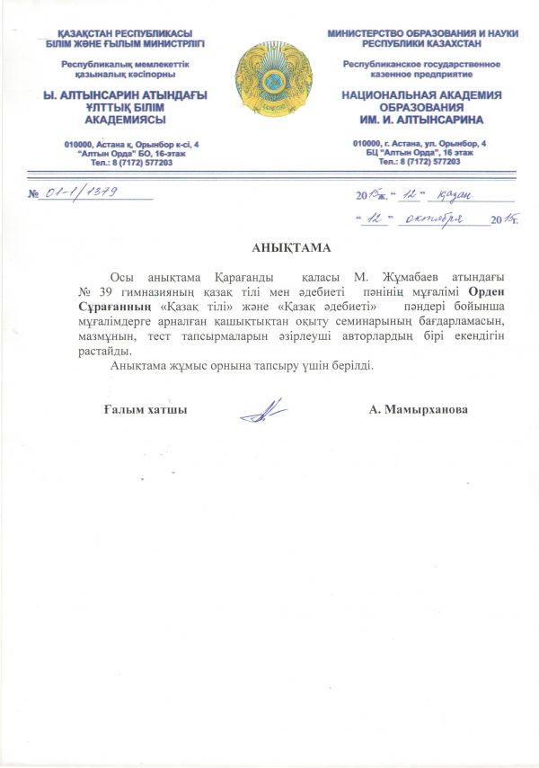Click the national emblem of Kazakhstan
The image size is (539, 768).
click(x=269, y=81)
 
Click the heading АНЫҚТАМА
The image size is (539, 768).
click(x=269, y=246)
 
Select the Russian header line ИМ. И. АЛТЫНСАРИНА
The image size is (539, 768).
click(x=420, y=119)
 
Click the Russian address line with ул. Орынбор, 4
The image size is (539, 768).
click(x=420, y=144)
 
